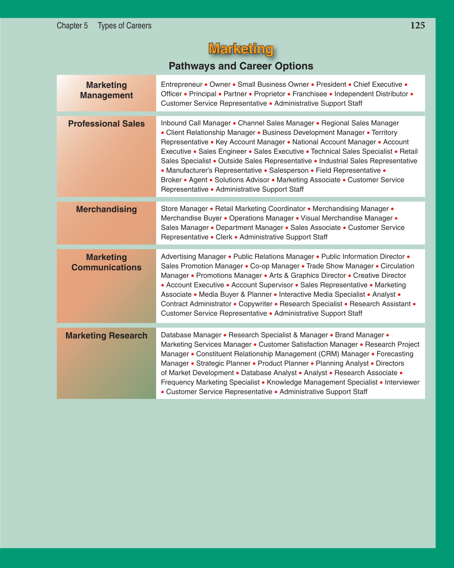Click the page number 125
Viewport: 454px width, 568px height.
coord(417,25)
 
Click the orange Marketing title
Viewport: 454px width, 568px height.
coord(241,49)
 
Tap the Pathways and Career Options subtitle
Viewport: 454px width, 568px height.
coord(241,66)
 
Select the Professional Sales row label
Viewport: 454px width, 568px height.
coord(106,124)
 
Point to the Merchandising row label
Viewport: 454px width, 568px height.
coord(106,209)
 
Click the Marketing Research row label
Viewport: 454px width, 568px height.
coord(106,336)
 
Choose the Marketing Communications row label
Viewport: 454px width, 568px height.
coord(106,262)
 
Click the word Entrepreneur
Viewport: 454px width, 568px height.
coord(182,84)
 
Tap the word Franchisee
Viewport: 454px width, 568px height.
coord(310,94)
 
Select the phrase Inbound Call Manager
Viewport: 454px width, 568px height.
coord(196,123)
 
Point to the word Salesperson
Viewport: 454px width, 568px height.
coord(289,170)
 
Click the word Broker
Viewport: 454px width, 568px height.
coord(171,180)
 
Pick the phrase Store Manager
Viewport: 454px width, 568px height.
coord(184,209)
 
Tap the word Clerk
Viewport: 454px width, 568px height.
coord(224,237)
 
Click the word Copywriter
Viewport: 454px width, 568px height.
coord(255,304)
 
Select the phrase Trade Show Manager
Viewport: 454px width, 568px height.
coord(340,266)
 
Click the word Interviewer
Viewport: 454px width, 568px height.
coord(402,382)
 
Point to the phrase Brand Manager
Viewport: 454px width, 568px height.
coord(359,335)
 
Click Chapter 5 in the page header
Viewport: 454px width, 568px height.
coord(72,25)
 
